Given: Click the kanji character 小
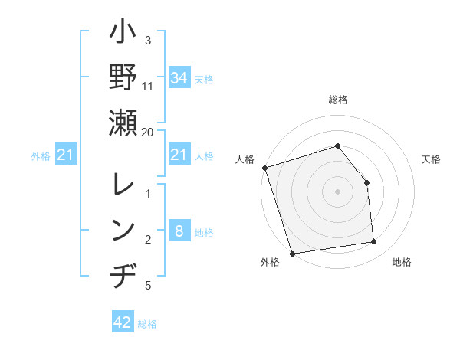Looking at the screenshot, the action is [123, 34].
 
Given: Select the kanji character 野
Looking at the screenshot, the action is [123, 79].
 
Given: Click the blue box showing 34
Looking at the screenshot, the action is [179, 77].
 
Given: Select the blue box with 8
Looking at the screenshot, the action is [179, 232].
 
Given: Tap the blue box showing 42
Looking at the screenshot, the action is [123, 322].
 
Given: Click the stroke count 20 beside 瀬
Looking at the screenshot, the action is [148, 132].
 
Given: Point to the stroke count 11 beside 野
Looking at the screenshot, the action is [148, 86].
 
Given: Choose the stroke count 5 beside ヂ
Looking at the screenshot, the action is [148, 286].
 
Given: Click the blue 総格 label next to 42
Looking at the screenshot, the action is [147, 324].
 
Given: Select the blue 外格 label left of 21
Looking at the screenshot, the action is [41, 156].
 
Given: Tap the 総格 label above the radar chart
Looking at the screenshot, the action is [337, 100].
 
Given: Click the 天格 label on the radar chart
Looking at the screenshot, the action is [432, 159].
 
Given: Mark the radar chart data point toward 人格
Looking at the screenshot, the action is [264, 168].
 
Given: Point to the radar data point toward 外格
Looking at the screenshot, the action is [293, 253].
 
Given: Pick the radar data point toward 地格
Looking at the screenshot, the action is [374, 242].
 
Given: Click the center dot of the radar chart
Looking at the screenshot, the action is [337, 191].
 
